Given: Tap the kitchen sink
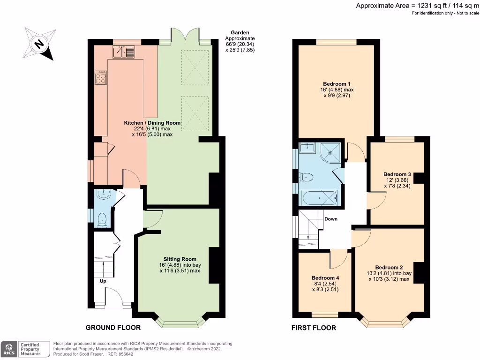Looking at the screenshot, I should click(123, 52).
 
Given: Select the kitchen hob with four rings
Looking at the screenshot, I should click(101, 77).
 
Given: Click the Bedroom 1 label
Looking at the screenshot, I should click(337, 83).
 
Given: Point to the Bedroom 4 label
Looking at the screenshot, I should click(325, 277).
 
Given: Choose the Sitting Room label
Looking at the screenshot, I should click(180, 259).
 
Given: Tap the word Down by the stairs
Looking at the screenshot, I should click(331, 219).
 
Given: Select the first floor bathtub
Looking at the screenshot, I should click(320, 198).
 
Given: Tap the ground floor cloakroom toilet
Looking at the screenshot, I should click(102, 219).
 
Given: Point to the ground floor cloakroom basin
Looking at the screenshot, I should click(102, 195).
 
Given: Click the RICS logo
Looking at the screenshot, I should click(8, 349).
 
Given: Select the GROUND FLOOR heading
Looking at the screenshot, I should click(112, 327).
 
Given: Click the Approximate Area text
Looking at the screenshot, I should click(416, 6).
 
